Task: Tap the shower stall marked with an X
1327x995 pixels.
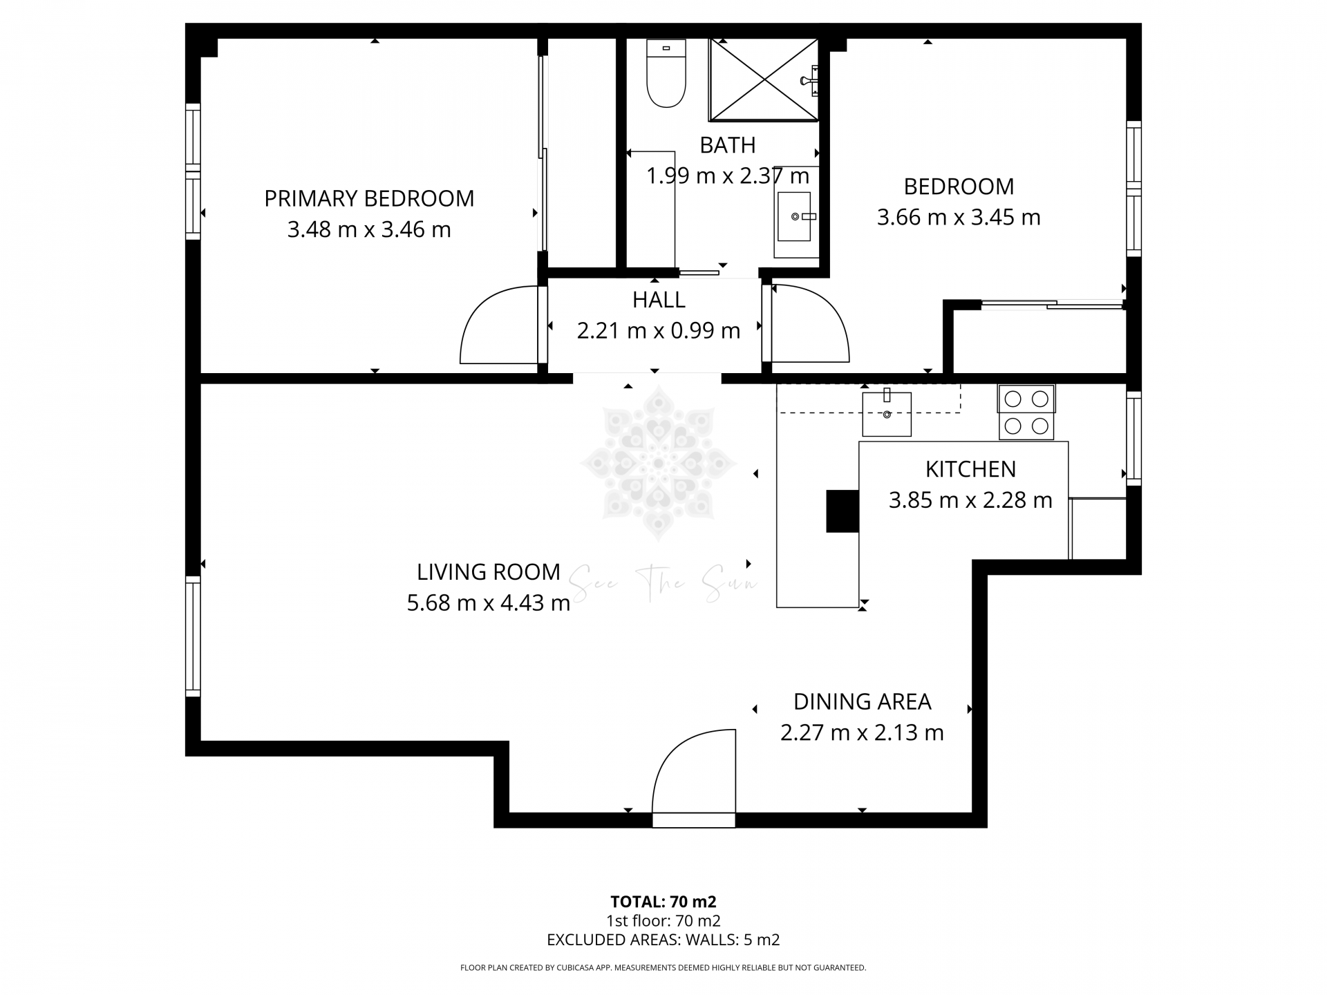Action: [763, 80]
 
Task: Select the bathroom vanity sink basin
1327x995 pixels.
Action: [793, 216]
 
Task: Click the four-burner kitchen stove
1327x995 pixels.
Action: [1026, 413]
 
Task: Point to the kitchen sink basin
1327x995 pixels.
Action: [887, 414]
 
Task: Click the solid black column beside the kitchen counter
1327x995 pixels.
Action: [843, 511]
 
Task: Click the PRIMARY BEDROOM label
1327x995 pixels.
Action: [369, 199]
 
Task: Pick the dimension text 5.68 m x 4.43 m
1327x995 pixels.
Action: [488, 603]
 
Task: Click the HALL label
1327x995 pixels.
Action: [659, 300]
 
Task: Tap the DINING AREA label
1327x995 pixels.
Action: [862, 702]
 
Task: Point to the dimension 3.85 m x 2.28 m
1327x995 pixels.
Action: [970, 500]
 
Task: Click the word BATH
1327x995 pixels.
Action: [727, 145]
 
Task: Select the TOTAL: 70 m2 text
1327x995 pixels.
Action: [663, 902]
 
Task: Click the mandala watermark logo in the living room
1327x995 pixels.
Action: [659, 462]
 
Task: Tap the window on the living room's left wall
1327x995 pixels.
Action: [193, 636]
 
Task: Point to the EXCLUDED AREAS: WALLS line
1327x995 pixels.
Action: [663, 940]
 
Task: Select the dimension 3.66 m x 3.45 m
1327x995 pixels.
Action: [958, 218]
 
